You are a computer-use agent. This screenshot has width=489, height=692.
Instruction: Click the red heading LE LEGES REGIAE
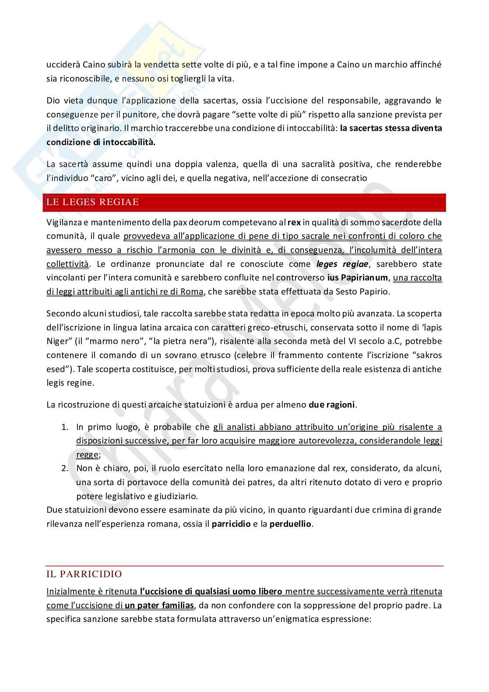[x=92, y=202]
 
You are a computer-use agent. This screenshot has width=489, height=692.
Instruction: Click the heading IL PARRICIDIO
[x=84, y=574]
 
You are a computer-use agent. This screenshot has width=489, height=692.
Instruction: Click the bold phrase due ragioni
[x=331, y=405]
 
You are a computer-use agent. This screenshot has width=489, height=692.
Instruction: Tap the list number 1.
[x=64, y=427]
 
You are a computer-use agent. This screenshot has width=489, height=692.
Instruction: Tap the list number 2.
[x=64, y=468]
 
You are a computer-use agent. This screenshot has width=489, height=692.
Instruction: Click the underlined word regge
[x=87, y=454]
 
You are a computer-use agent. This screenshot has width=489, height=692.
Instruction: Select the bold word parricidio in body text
[x=231, y=524]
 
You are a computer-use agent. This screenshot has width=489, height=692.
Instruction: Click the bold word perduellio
[x=291, y=524]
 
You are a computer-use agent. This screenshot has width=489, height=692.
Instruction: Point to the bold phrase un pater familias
[x=159, y=605]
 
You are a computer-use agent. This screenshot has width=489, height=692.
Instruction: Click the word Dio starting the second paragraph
[x=53, y=100]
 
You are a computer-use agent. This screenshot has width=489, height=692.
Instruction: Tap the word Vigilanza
[x=64, y=223]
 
